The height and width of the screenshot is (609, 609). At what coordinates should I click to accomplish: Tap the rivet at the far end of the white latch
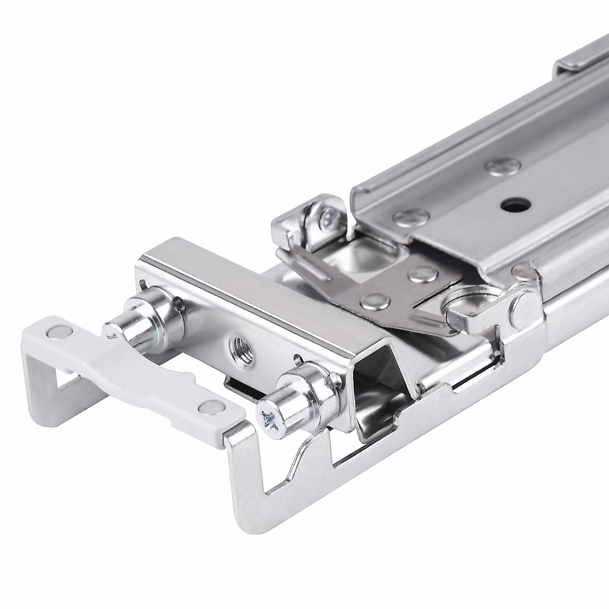[54, 332]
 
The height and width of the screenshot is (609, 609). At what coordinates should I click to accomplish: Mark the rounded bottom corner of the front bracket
[241, 518]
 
